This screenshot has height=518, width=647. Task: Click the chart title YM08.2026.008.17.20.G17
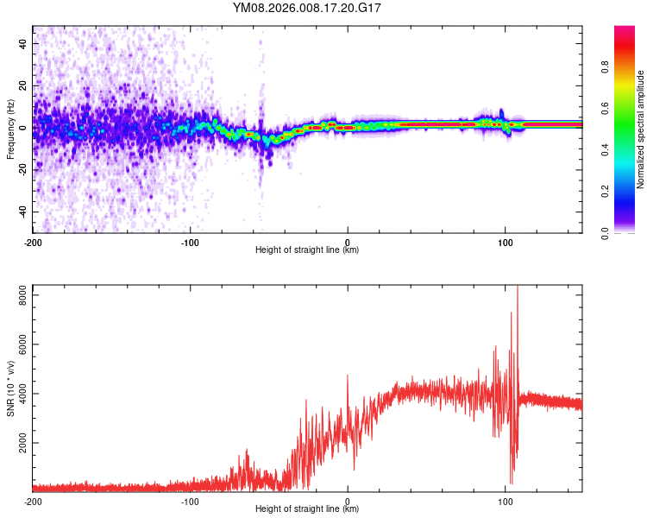[307, 8]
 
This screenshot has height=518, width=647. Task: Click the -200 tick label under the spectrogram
[33, 242]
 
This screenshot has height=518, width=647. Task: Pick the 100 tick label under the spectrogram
[505, 242]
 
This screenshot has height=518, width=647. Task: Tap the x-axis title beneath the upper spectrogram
[307, 250]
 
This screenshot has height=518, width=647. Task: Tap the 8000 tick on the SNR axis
[19, 295]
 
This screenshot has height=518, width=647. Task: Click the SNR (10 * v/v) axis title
[10, 388]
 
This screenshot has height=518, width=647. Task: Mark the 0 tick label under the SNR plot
[348, 501]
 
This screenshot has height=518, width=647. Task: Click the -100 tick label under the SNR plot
[190, 501]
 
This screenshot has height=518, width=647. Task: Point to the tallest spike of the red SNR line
[518, 288]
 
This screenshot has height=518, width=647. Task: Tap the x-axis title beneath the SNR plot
[307, 509]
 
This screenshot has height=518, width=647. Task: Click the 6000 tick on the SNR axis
[19, 344]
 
